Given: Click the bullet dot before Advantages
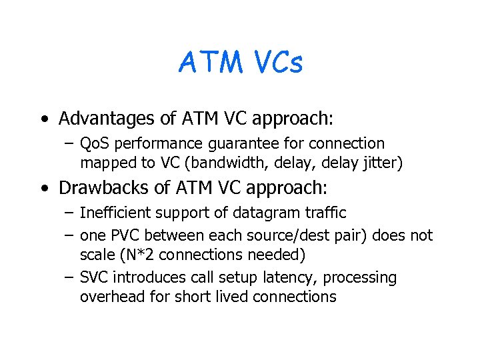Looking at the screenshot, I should (x=43, y=120).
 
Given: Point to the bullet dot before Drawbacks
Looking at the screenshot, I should (x=43, y=189).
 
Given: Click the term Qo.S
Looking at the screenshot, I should (x=95, y=143).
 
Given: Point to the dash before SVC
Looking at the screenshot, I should (x=70, y=277).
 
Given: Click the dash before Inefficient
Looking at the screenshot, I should (x=70, y=213).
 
